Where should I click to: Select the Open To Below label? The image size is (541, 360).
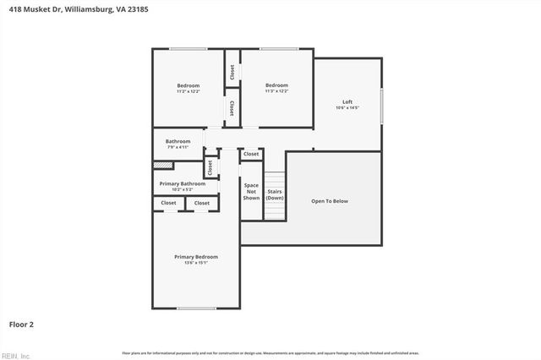tap(330, 201)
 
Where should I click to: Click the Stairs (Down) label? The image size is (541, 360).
tap(275, 194)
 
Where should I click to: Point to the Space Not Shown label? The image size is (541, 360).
tap(251, 191)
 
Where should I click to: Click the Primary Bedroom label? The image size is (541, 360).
tap(196, 259)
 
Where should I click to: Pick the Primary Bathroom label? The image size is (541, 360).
tap(183, 186)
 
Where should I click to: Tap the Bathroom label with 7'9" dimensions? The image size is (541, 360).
tap(178, 144)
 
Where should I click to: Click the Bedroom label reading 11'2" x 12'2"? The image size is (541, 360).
tap(189, 88)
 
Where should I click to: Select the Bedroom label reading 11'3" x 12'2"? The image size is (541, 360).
tap(276, 88)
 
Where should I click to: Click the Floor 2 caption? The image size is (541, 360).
tap(21, 324)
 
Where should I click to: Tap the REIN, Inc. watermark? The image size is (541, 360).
tap(14, 355)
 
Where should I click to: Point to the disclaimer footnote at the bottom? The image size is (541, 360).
tap(270, 352)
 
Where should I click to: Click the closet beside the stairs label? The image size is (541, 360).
tap(251, 155)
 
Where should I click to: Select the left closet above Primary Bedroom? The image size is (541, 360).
tap(169, 203)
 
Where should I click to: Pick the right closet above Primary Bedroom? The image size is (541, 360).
tap(202, 203)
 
